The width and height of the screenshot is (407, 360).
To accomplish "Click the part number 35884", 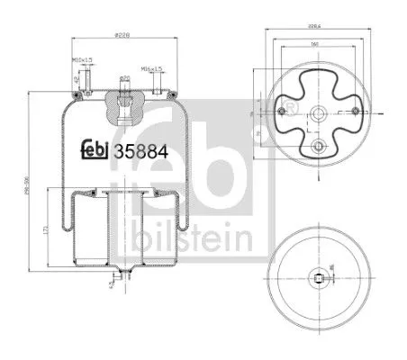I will tap(137, 149).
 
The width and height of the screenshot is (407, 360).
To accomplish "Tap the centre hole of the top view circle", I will tap(316, 113).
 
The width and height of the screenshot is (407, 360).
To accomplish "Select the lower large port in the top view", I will tap(316, 146).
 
